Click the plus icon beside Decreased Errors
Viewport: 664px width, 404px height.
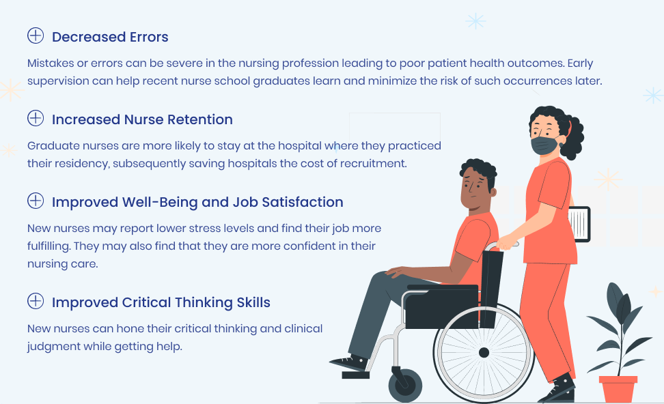pos(36,35)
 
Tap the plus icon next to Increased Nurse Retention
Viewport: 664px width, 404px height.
pos(36,118)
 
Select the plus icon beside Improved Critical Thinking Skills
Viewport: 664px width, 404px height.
pos(36,301)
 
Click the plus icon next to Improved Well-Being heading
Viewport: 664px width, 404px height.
pos(36,201)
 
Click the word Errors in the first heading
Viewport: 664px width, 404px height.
pos(149,38)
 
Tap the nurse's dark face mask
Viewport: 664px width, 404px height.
pos(545,145)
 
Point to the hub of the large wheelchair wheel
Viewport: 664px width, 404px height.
pos(484,352)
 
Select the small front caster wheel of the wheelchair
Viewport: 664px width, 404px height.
pos(405,386)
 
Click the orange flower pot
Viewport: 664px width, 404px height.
pos(618,389)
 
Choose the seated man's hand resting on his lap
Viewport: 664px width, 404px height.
pos(397,272)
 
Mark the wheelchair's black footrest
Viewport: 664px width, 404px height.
pos(355,375)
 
